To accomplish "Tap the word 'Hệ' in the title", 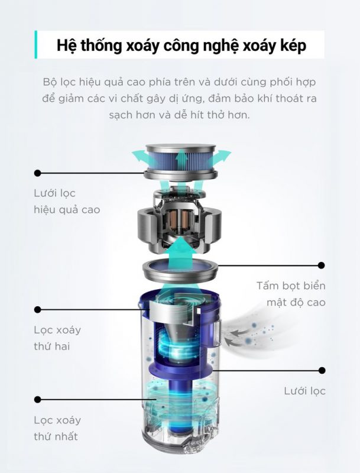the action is (65, 46).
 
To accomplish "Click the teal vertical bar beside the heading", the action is (36, 44).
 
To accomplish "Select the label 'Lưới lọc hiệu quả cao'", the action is (67, 201).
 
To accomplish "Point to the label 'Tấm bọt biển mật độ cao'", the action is (291, 294).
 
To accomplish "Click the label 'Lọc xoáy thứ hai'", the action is (57, 338).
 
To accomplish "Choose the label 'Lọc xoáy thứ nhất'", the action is (57, 428).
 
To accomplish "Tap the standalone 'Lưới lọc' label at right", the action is (305, 391).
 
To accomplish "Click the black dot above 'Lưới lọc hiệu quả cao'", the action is (38, 173).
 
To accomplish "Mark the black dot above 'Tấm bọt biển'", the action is (322, 265).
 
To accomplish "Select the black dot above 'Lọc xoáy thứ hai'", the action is (38, 309).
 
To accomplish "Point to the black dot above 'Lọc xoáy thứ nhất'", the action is (38, 400).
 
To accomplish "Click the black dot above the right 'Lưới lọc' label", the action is (322, 370).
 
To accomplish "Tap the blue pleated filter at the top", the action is (181, 162).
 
